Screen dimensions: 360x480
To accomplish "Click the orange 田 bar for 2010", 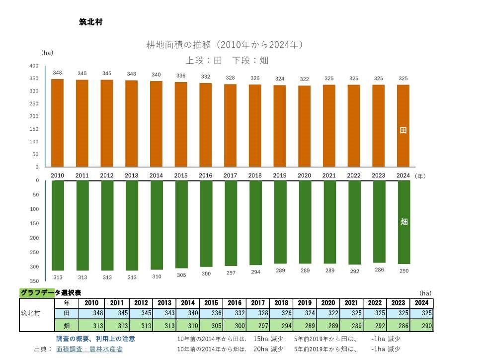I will (x=57, y=123).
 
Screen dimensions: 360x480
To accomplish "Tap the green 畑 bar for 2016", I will (x=206, y=223).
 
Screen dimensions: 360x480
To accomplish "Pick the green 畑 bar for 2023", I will (x=379, y=221).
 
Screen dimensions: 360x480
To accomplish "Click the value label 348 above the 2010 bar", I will (x=57, y=73).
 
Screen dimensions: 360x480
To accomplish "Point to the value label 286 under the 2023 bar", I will (x=379, y=269).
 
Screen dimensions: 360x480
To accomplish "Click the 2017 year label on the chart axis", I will (x=230, y=176).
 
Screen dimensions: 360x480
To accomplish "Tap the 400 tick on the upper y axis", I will (x=34, y=66).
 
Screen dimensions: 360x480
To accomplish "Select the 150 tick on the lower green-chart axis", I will (x=34, y=223).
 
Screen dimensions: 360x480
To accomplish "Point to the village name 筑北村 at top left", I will (x=90, y=22).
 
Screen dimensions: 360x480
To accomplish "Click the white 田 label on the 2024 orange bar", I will (x=403, y=130).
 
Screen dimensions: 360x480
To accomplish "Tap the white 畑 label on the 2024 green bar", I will (x=404, y=222).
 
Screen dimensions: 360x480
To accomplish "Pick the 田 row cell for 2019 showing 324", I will (x=305, y=314).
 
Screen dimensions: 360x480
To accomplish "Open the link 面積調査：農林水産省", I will (x=89, y=349).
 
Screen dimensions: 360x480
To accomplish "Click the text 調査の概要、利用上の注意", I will (x=95, y=339).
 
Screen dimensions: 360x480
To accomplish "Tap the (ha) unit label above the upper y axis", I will (x=47, y=53).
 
